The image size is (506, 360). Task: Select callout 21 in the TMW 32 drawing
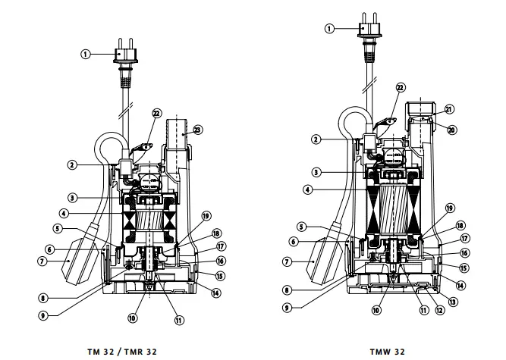pyautogui.click(x=450, y=109)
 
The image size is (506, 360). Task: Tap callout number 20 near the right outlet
pyautogui.click(x=451, y=130)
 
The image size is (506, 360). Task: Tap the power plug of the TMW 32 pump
pyautogui.click(x=372, y=29)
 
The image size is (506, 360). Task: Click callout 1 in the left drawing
pyautogui.click(x=86, y=54)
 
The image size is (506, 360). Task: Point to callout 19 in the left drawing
pyautogui.click(x=206, y=215)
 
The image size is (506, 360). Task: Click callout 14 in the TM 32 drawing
pyautogui.click(x=215, y=293)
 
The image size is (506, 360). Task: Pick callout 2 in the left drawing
pyautogui.click(x=71, y=164)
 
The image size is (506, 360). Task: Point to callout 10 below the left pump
pyautogui.click(x=132, y=319)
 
